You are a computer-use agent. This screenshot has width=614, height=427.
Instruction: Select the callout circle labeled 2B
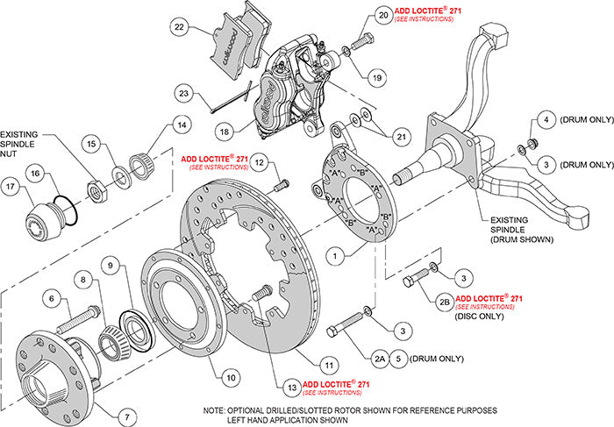444,302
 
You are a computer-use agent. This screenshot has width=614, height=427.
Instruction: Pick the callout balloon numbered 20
359,15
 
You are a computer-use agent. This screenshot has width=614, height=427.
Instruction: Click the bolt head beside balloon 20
364,42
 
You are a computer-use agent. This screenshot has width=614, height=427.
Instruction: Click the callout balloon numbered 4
545,119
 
